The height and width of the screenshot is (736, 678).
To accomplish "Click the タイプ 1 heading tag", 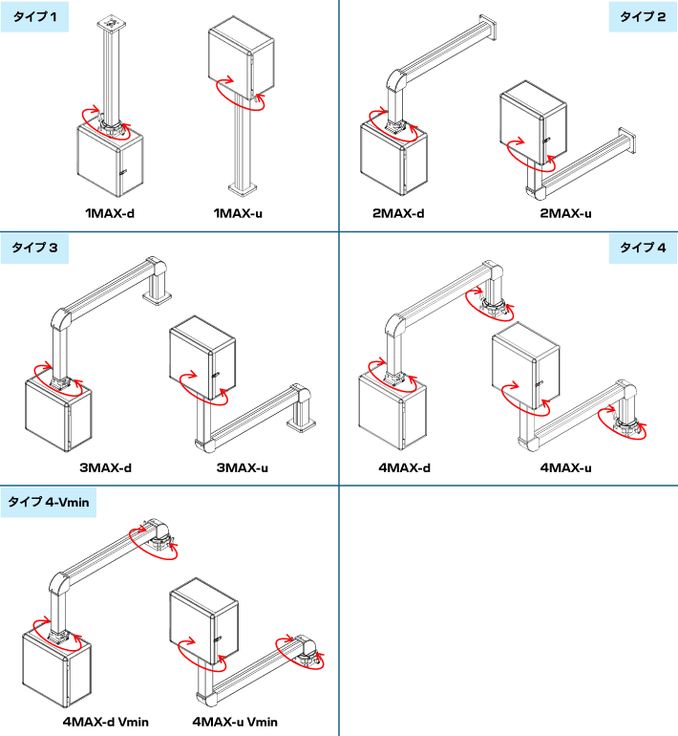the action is pos(34,17).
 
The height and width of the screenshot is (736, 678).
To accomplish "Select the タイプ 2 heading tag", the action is pos(643,17).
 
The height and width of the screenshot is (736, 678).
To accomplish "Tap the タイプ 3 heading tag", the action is pos(34,248).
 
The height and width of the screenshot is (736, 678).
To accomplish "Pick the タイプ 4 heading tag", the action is pos(643,248).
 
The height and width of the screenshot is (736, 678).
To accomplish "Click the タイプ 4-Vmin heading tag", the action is pos(49,502).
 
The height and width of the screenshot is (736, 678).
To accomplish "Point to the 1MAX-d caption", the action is pos(110,213).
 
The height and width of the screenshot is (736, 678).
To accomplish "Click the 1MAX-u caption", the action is pos(238,213).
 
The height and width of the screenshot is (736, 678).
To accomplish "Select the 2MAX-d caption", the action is pos(398,213).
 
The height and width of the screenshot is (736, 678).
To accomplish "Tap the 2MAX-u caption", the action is pos(565,213).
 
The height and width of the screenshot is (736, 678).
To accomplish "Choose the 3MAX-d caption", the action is pos(105,468).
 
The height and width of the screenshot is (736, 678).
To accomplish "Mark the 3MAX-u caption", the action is pos(243,468).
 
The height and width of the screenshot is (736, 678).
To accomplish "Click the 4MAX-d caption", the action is pos(405,468).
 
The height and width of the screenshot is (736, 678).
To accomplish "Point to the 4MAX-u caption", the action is pos(566,468).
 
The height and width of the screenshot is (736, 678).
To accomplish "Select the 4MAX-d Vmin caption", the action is pos(106,722).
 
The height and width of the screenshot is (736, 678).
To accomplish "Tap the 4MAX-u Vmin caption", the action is pos(235,722).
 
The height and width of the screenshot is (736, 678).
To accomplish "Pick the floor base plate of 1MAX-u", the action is pos(243,188).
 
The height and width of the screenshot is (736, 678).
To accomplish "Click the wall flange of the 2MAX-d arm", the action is pos(488,29).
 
